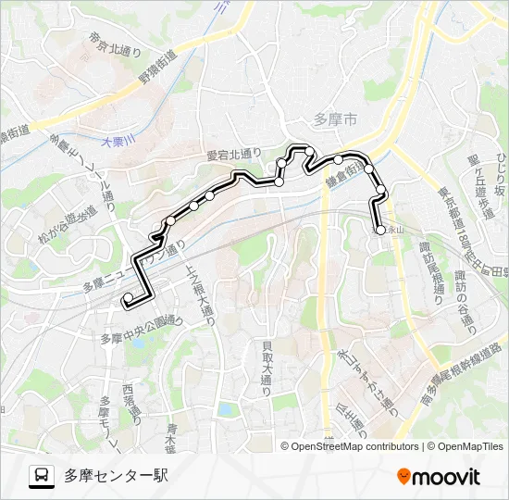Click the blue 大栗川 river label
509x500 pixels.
point(118,140)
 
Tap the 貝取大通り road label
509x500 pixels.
point(267,366)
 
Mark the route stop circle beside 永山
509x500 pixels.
point(378,230)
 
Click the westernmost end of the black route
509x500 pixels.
point(124,298)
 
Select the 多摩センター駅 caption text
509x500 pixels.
point(116,476)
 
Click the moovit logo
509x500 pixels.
point(439,476)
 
